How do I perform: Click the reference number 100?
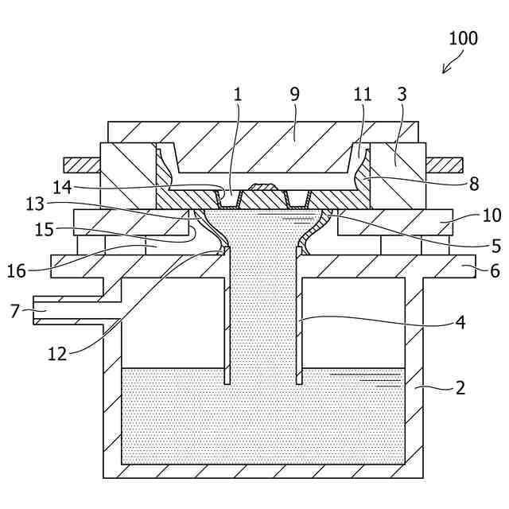(x=463, y=38)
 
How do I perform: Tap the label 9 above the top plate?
(x=294, y=94)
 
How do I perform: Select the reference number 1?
(x=237, y=94)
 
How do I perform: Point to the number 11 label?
(x=363, y=94)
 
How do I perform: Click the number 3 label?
(x=402, y=94)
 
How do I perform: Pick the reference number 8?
(x=474, y=185)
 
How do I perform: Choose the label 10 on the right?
(x=492, y=216)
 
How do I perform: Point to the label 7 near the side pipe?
(x=14, y=309)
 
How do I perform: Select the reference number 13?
(x=36, y=204)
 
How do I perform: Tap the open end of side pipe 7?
(x=36, y=309)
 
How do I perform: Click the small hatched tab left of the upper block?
(x=82, y=165)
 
